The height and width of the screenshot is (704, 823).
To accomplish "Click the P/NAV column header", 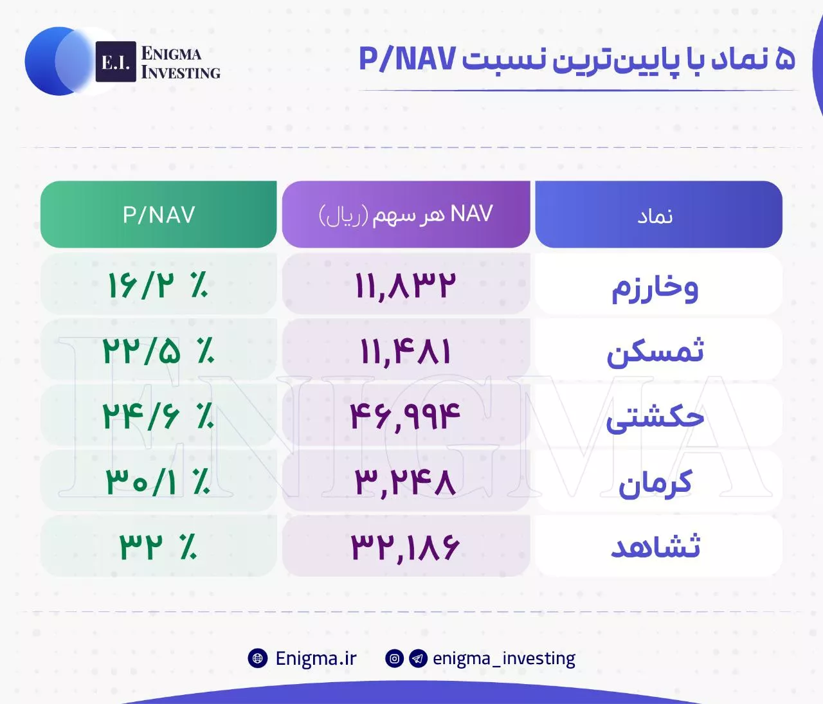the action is [x=158, y=214].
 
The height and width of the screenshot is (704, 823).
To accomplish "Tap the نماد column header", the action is [x=658, y=214].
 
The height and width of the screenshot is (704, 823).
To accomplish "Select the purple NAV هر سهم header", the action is [x=406, y=214].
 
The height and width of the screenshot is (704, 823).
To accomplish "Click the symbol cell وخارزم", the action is [x=655, y=287].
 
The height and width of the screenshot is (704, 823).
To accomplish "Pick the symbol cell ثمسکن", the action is [x=655, y=351].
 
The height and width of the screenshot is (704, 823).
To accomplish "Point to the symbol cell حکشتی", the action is [x=655, y=418].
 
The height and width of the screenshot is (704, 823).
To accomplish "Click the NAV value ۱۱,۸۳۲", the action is [x=405, y=286].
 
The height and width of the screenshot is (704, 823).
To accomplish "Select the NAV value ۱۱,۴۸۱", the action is [x=405, y=352].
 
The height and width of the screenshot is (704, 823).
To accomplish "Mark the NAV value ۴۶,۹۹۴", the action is [x=405, y=417].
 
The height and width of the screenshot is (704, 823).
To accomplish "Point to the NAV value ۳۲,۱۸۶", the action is [x=405, y=547].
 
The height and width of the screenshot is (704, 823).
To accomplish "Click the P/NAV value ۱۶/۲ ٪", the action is [x=158, y=285].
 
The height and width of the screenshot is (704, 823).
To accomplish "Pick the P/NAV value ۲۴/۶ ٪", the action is [x=158, y=416].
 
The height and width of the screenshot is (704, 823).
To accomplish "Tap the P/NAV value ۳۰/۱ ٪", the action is [x=158, y=482].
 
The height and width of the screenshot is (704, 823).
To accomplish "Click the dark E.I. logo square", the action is [x=116, y=62].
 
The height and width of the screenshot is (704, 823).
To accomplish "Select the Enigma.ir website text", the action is [x=316, y=658].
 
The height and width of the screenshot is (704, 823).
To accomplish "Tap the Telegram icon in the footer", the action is [x=418, y=658].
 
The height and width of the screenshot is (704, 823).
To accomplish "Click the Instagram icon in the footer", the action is [x=394, y=658].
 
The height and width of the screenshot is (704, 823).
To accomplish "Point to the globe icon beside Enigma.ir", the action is [x=258, y=658].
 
